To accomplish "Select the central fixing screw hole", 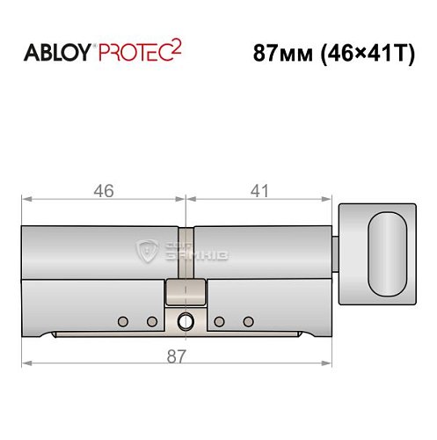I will (186, 321).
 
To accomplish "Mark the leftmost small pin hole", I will (124, 320).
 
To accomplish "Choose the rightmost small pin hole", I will (248, 320).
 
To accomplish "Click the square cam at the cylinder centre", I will (186, 292).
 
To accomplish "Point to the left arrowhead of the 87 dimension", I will (25, 362).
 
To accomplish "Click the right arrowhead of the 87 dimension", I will (330, 362).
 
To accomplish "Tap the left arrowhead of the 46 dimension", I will (25, 201).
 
